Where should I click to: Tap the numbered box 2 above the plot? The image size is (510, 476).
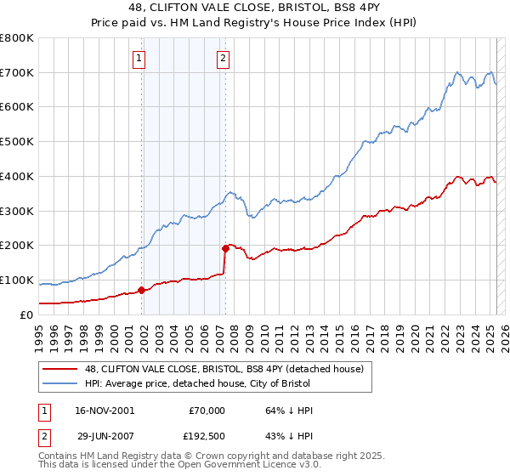[x=223, y=59]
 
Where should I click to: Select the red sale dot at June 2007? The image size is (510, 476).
[x=226, y=248]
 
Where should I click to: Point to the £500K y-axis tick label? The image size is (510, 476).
[x=17, y=142]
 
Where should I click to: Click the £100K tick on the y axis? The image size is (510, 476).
[x=17, y=280]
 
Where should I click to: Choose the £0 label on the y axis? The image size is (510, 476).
[x=27, y=314]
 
